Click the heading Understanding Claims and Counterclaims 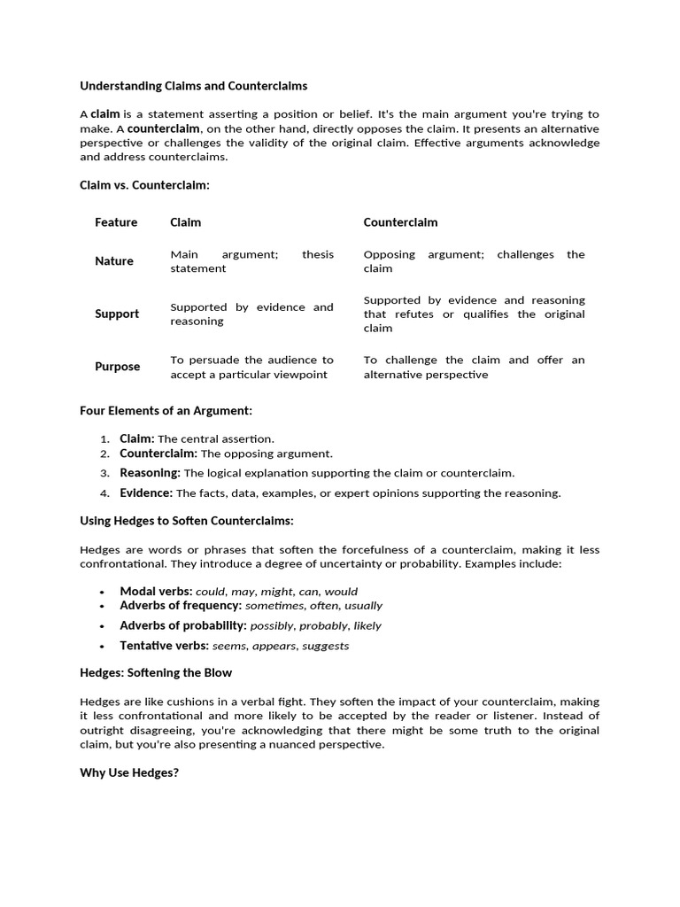click(194, 86)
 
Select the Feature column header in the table click(116, 222)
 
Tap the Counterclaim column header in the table click(400, 222)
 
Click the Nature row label click(114, 261)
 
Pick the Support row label click(117, 314)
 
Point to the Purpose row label click(118, 367)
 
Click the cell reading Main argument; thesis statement click(251, 261)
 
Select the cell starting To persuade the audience click(251, 367)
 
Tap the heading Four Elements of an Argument click(166, 411)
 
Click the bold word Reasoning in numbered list click(150, 473)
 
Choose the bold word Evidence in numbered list click(146, 492)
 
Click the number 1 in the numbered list click(104, 439)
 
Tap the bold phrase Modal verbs click(156, 591)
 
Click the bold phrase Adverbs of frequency click(181, 606)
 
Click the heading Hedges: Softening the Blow click(156, 673)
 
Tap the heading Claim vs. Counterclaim click(145, 185)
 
